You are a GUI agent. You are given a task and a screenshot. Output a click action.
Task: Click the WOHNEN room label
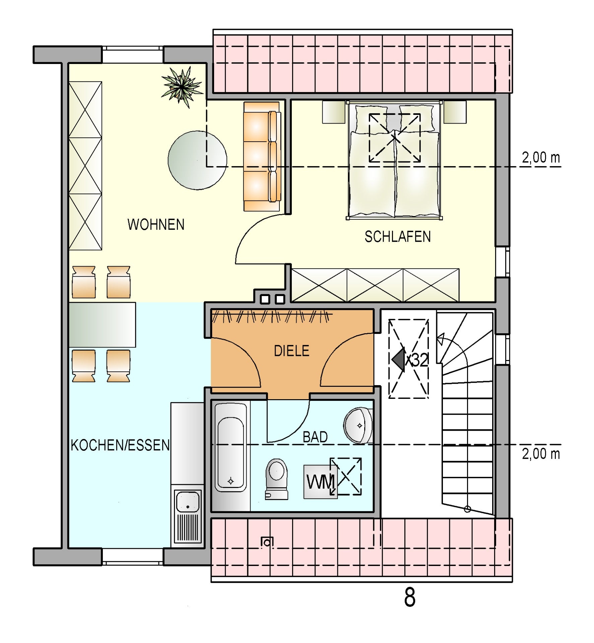(x=156, y=224)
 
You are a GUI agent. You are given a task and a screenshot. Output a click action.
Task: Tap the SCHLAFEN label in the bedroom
(x=398, y=237)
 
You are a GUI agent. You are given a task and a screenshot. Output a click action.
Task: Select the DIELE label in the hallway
(x=291, y=351)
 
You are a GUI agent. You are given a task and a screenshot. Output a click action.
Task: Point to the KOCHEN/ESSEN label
(x=120, y=445)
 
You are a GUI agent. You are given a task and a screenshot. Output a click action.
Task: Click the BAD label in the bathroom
(x=315, y=437)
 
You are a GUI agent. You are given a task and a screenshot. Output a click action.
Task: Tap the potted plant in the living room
(x=182, y=86)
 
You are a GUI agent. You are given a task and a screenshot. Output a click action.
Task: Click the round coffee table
(x=197, y=160)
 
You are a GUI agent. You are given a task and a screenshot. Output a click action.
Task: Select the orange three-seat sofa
(x=262, y=156)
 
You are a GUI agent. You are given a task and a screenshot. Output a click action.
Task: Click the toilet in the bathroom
(x=276, y=479)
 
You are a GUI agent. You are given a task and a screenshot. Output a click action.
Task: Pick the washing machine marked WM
(x=320, y=482)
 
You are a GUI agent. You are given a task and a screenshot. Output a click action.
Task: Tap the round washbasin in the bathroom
(x=358, y=425)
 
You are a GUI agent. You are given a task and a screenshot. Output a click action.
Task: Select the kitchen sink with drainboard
(x=188, y=516)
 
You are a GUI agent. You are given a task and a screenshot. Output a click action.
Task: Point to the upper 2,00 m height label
(x=541, y=157)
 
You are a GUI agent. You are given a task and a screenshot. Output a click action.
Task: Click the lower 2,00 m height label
(x=541, y=454)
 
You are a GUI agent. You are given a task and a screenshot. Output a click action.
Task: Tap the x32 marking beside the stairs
(x=417, y=360)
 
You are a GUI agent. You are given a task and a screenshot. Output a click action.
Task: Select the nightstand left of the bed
(x=334, y=112)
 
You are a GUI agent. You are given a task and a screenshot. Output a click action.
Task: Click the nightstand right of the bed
(x=455, y=112)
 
